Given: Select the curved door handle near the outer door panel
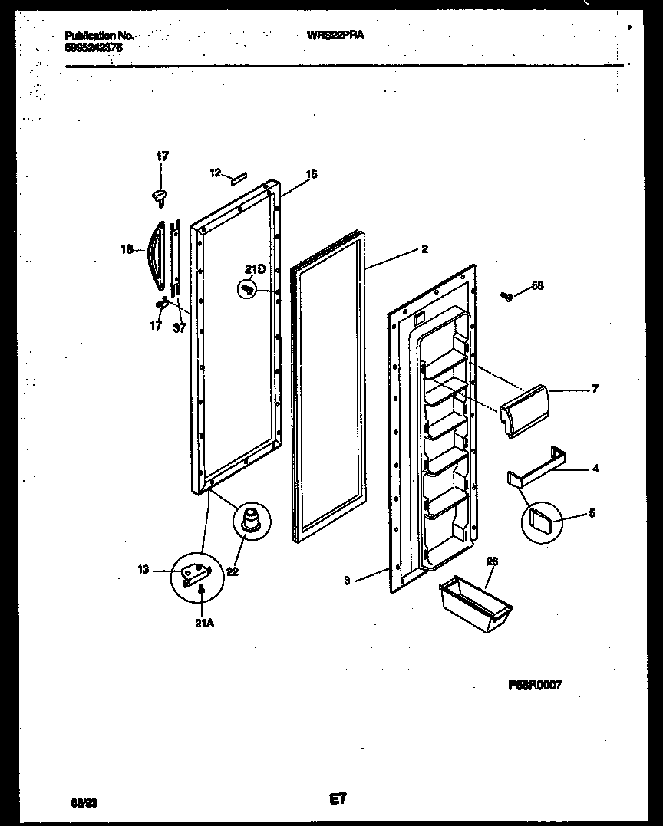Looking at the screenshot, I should [x=157, y=256].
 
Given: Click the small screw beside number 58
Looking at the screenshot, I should [x=506, y=296].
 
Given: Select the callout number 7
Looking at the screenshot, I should [x=594, y=389].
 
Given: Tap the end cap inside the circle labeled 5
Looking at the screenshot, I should [x=541, y=523].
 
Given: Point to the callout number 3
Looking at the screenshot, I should [x=347, y=581].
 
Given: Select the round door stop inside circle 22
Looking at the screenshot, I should [x=251, y=520].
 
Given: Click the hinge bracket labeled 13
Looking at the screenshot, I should [x=194, y=572].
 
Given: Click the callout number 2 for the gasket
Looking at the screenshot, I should [x=425, y=248].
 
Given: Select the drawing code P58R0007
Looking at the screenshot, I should [x=535, y=685].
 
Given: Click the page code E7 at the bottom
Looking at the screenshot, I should [x=338, y=799].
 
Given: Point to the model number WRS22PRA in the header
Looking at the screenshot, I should [x=335, y=35].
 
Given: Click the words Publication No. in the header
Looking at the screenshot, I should [x=99, y=35].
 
